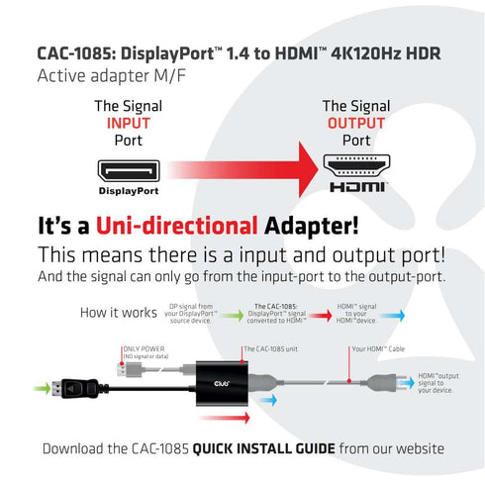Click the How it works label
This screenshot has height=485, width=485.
click(x=119, y=313)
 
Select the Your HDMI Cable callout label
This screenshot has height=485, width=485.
click(x=379, y=349)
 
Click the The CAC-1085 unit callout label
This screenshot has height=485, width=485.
click(x=273, y=349)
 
